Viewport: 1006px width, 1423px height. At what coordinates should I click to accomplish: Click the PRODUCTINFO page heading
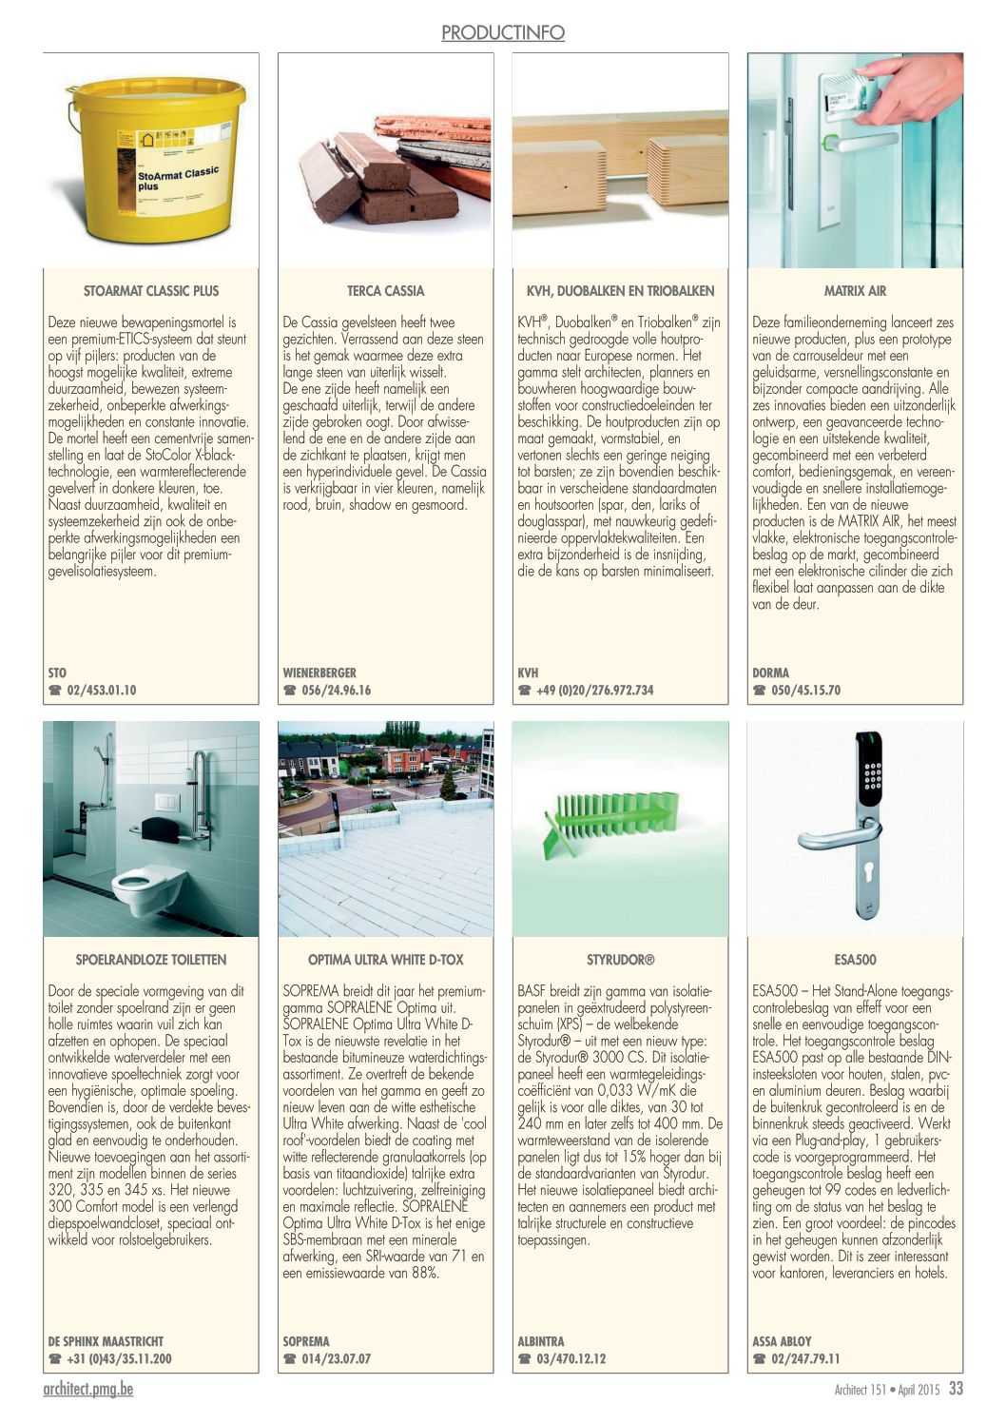502,33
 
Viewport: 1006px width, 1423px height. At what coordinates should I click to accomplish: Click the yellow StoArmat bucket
157,162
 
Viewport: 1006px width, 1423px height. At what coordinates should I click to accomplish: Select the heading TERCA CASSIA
386,291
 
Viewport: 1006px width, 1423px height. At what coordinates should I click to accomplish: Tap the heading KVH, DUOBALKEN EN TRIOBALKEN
620,291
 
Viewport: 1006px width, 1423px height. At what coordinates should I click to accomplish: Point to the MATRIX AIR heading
855,291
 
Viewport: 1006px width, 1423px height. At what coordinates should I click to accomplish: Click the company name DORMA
770,673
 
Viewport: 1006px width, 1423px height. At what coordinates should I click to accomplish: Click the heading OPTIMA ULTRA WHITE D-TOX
386,960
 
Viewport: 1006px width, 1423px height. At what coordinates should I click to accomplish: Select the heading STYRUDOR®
620,960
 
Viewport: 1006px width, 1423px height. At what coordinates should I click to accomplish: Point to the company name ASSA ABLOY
782,1342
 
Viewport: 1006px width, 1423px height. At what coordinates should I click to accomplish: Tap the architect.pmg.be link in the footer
88,1390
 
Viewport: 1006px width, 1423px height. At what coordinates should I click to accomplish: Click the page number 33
956,1389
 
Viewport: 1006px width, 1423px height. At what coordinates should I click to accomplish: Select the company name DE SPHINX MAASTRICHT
106,1342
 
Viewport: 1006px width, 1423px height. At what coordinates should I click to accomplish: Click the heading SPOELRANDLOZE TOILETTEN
151,960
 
